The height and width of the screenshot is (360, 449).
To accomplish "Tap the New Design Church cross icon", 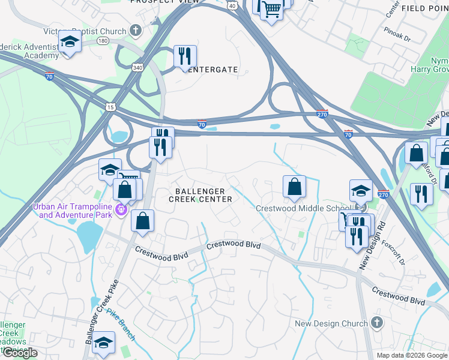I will pyautogui.click(x=376, y=323).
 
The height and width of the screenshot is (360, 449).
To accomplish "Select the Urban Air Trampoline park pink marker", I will pyautogui.click(x=120, y=210).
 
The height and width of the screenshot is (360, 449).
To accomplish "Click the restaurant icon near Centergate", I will pyautogui.click(x=185, y=56).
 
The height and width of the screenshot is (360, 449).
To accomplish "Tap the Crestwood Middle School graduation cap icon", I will pyautogui.click(x=361, y=190).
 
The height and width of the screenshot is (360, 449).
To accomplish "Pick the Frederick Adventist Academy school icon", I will pyautogui.click(x=70, y=42).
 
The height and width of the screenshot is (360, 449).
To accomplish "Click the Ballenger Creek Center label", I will pyautogui.click(x=200, y=195).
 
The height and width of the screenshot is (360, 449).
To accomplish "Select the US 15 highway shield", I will pyautogui.click(x=110, y=107).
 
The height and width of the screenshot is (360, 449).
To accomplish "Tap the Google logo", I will pyautogui.click(x=20, y=353).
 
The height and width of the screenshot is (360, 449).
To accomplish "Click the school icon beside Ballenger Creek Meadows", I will pyautogui.click(x=104, y=343).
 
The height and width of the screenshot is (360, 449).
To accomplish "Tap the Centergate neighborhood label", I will pyautogui.click(x=213, y=70).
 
